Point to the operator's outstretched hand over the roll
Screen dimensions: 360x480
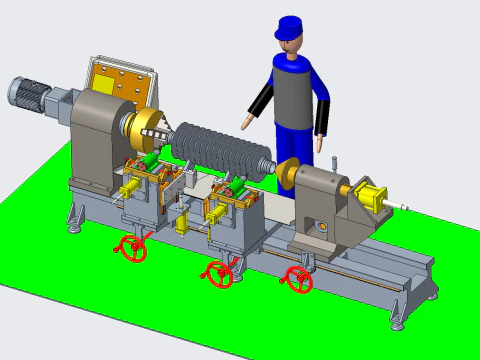(x=246, y=123)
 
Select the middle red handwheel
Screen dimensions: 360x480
(x=219, y=273)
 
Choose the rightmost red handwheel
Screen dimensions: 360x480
(x=297, y=280)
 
